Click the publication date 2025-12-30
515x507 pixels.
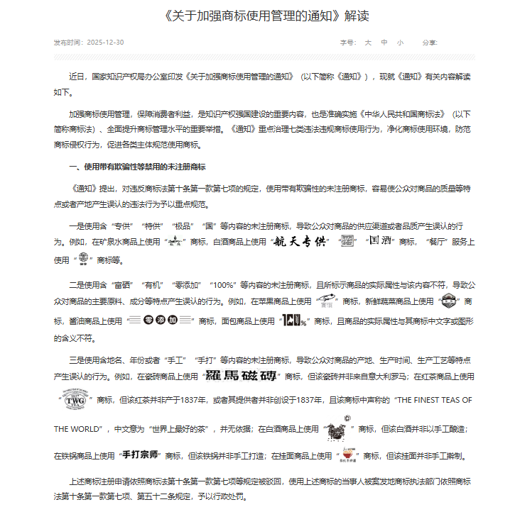[x=105, y=43]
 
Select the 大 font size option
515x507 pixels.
[x=368, y=43]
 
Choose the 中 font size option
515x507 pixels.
[x=384, y=43]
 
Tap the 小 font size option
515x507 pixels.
[x=400, y=43]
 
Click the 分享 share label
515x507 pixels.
[x=429, y=43]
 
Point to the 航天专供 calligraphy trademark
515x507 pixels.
[x=299, y=242]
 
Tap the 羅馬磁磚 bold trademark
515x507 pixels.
[x=242, y=375]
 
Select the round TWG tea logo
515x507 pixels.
[x=72, y=400]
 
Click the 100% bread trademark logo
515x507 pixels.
[x=293, y=321]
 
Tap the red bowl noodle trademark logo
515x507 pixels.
[x=349, y=453]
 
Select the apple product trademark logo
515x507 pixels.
[x=325, y=301]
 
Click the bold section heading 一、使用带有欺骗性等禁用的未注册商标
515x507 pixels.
[x=137, y=167]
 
